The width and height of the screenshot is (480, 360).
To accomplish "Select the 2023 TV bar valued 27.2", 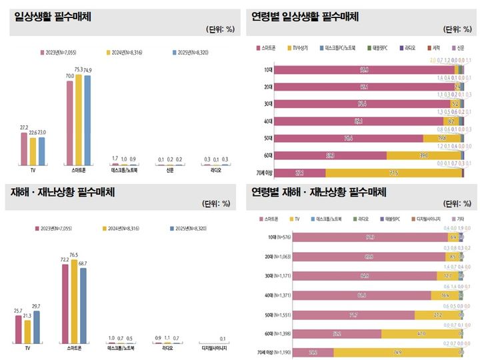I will coord(25,144).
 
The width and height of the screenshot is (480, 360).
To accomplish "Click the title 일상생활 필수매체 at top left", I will coord(53,14).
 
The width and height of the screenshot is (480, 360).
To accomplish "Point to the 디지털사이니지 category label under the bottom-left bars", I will coord(213,347).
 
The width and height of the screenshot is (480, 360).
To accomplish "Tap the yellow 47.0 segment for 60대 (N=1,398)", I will coord(421,333).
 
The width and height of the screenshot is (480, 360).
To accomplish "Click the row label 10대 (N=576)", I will coord(275,237).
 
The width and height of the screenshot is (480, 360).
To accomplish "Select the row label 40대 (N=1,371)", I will coord(273,295).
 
